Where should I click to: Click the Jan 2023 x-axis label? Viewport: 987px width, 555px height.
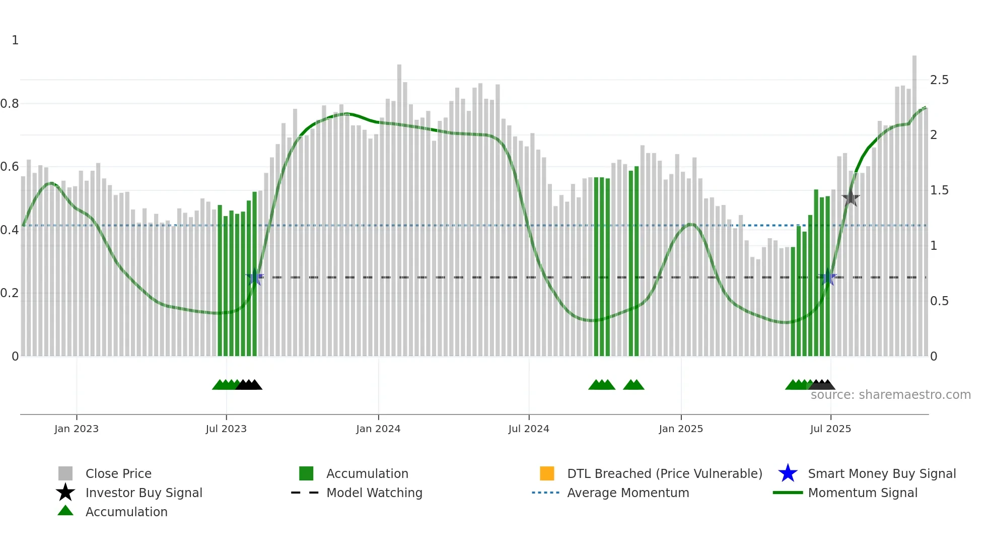click(77, 429)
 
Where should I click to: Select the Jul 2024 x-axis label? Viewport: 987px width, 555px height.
click(529, 429)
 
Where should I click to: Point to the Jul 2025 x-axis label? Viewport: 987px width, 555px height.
click(830, 429)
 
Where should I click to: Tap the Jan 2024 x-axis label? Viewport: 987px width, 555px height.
click(378, 429)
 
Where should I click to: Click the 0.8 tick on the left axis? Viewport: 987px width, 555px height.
click(10, 104)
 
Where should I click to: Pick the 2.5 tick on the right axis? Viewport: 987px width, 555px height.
click(939, 80)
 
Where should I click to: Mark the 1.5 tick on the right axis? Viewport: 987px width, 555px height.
click(939, 190)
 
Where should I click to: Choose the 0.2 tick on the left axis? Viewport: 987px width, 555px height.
click(10, 293)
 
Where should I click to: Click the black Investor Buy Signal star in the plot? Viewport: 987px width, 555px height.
click(851, 198)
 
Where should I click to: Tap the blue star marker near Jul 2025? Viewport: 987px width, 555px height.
click(828, 277)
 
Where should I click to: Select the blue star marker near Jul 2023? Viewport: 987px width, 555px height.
click(255, 277)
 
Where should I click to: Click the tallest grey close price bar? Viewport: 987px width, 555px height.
click(914, 201)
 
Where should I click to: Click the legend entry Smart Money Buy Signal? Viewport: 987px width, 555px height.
click(882, 474)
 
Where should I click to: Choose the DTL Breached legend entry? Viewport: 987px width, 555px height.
click(664, 474)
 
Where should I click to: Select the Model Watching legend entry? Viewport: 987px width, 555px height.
click(374, 493)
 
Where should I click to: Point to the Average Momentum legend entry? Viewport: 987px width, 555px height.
click(628, 493)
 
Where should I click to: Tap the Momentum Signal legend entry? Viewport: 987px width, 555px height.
click(863, 493)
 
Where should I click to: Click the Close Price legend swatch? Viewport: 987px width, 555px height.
click(65, 474)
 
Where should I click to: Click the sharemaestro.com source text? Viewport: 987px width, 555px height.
click(890, 395)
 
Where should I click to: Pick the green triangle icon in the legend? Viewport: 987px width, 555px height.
click(65, 511)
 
